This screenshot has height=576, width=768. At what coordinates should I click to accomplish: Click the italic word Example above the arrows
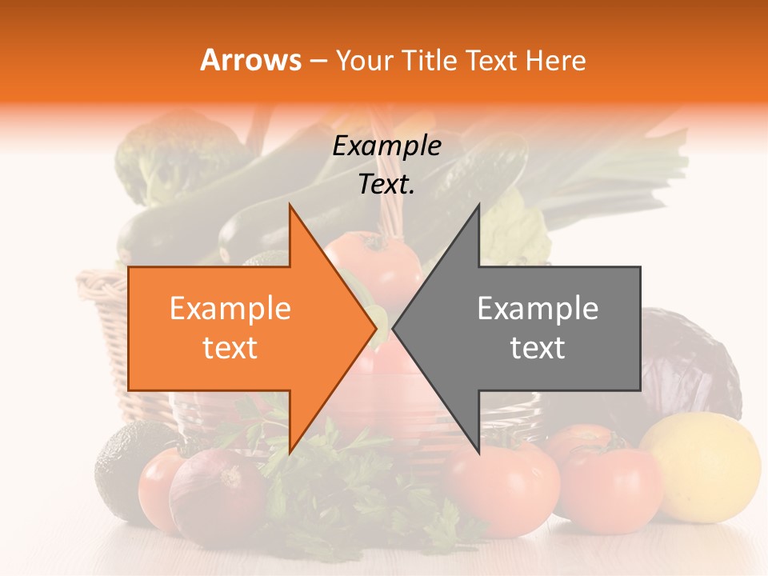pos(386,146)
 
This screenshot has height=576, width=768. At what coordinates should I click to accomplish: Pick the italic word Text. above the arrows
pos(386,185)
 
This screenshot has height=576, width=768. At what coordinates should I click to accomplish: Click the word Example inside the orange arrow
pos(230,309)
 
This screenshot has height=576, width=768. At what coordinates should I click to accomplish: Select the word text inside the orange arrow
pos(230,348)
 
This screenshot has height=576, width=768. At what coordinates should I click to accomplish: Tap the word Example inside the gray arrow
pos(538,309)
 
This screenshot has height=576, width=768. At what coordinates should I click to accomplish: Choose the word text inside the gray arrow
pos(538,348)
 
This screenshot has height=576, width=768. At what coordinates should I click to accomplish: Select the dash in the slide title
pos(317,60)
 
